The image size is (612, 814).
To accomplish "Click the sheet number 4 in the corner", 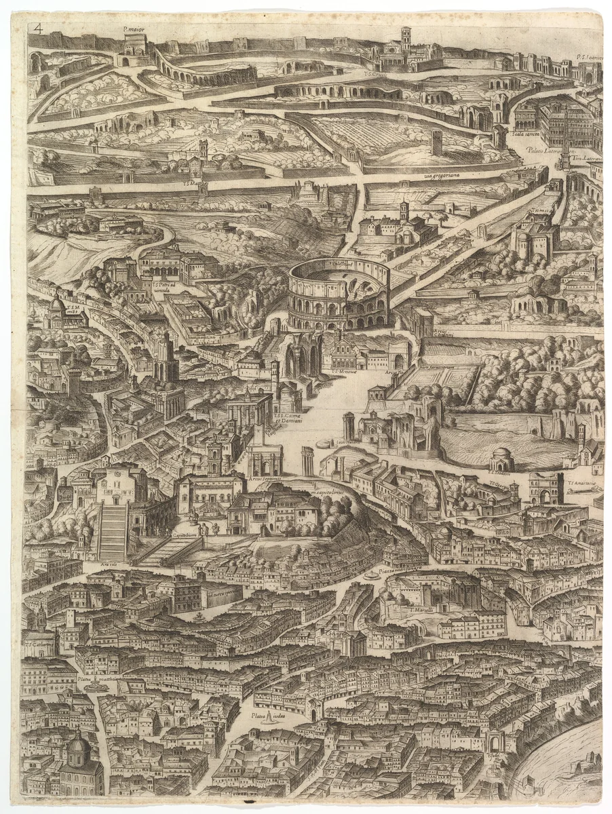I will tap(38, 28).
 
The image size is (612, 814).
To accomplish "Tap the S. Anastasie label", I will tap(583, 484).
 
